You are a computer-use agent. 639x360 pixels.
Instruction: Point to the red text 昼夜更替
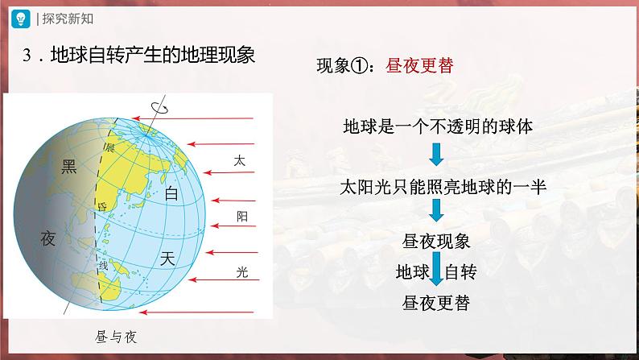click(421, 65)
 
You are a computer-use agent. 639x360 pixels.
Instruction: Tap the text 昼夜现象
click(435, 241)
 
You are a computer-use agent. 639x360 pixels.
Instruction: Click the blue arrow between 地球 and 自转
click(435, 268)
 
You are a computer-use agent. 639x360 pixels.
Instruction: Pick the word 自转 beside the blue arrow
click(461, 271)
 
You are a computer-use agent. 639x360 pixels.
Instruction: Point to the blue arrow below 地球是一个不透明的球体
click(435, 155)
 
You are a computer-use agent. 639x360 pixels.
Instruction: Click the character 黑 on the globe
click(70, 167)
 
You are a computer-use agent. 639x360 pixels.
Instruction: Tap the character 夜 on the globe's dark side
click(49, 238)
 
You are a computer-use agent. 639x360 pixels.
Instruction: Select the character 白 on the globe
click(171, 195)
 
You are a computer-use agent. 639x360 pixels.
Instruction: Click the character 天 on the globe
click(167, 259)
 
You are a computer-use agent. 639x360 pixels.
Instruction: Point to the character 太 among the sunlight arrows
click(239, 160)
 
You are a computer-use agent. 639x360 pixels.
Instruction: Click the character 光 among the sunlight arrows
click(242, 271)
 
